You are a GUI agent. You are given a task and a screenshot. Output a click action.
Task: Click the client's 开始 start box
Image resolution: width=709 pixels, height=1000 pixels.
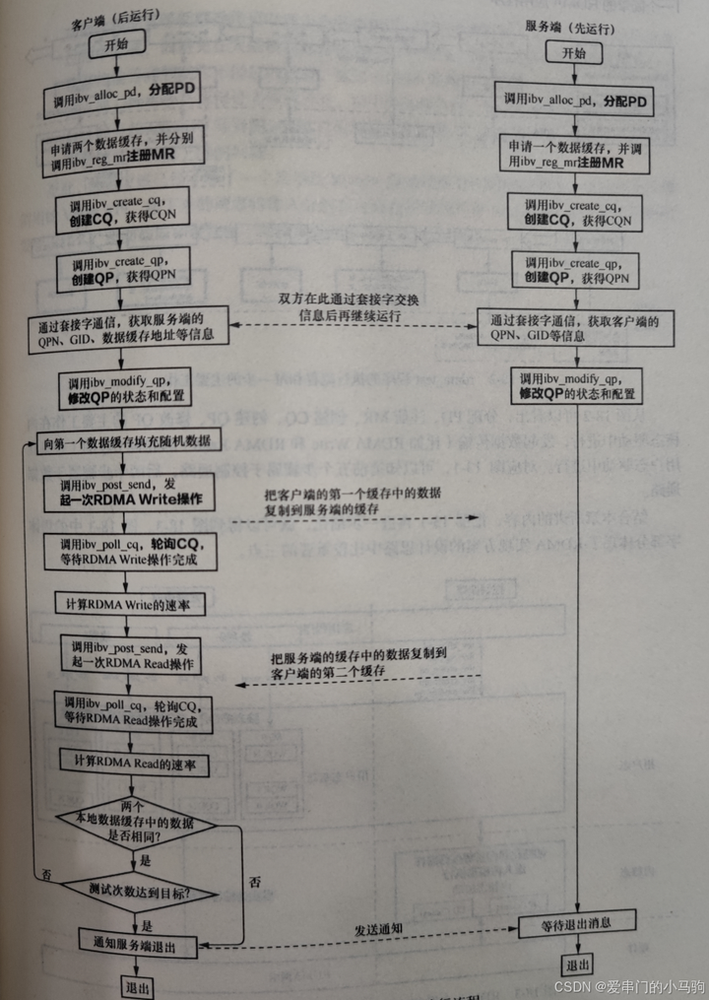coord(117,44)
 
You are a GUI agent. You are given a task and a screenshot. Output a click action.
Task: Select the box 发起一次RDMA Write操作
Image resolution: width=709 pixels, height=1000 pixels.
coord(127,492)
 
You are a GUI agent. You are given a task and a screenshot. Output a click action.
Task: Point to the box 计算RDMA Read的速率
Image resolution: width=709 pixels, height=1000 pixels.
coord(129,764)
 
